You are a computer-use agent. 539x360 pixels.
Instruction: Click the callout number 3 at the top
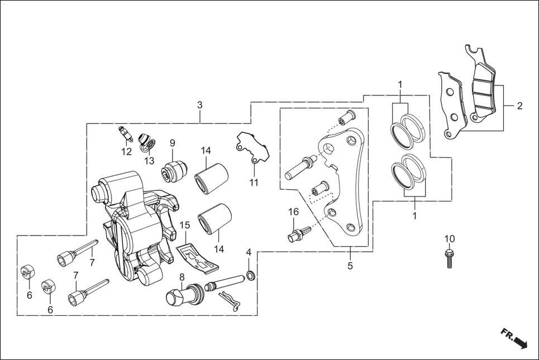point(200,105)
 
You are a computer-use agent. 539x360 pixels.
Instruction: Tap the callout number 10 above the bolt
point(450,239)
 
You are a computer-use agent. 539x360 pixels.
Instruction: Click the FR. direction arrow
point(514,338)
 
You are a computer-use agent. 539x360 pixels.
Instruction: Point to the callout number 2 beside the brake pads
point(519,105)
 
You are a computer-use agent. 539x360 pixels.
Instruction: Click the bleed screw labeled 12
point(125,135)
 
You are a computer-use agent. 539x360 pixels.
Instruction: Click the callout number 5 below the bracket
point(350,266)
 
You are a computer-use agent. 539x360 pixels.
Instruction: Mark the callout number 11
point(254,183)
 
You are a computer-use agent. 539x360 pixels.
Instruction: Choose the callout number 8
point(182,277)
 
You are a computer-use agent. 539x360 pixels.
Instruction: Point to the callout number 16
point(293,212)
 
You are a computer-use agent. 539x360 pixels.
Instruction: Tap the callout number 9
point(173,142)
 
